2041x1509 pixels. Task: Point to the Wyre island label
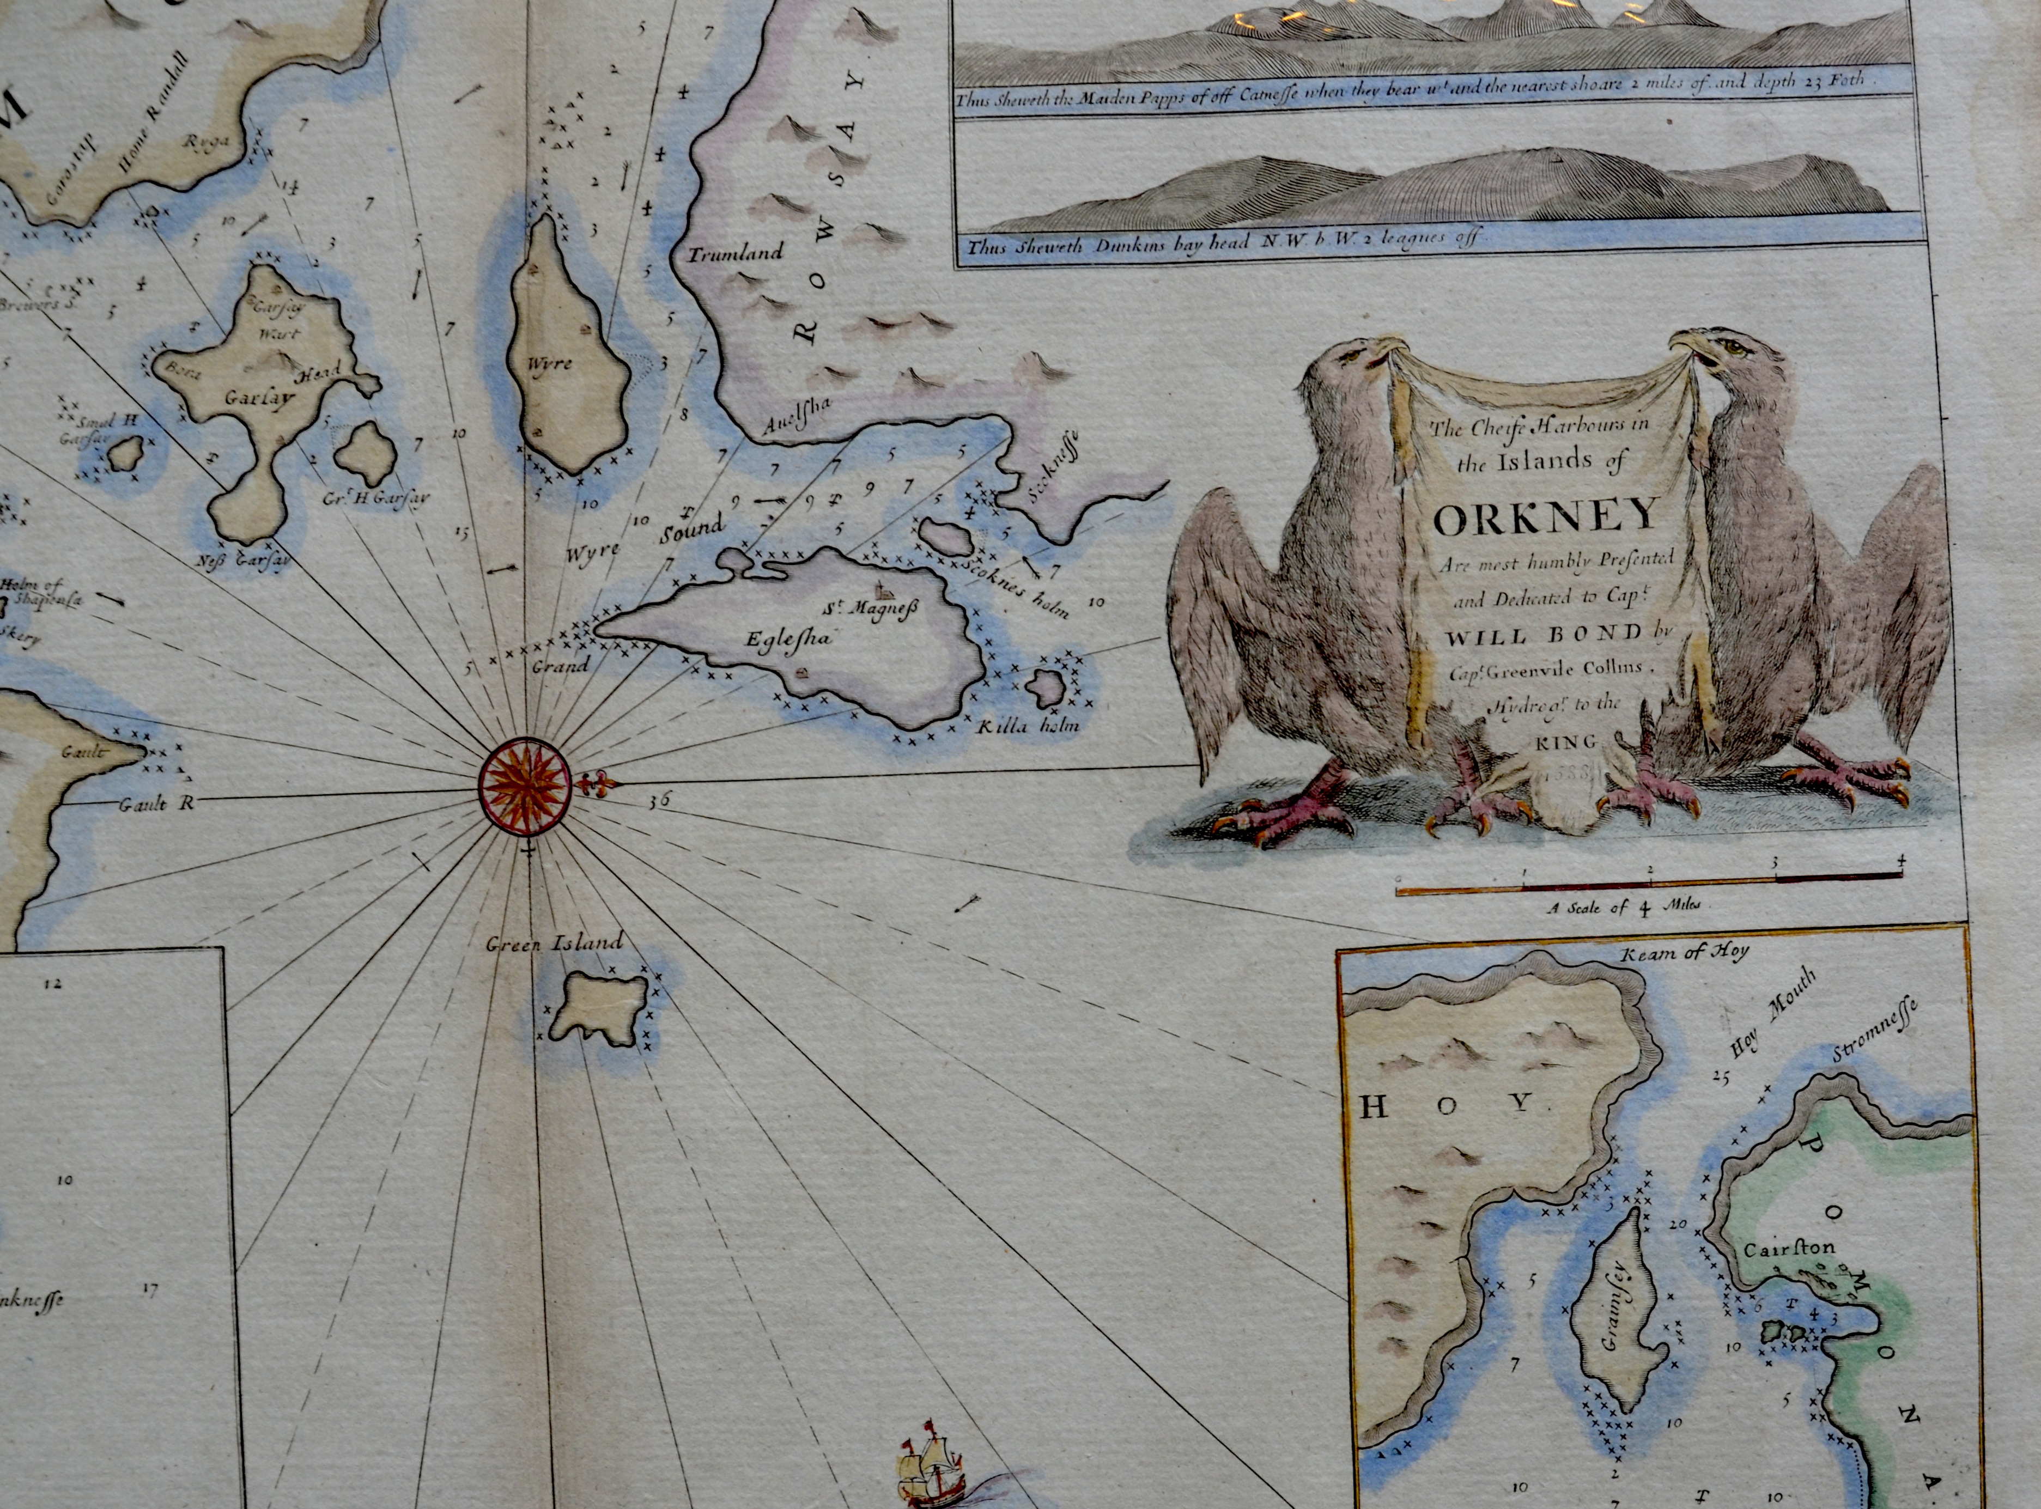point(550,363)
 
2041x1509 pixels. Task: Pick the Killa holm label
point(1028,726)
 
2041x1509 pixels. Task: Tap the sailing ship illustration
point(927,1471)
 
